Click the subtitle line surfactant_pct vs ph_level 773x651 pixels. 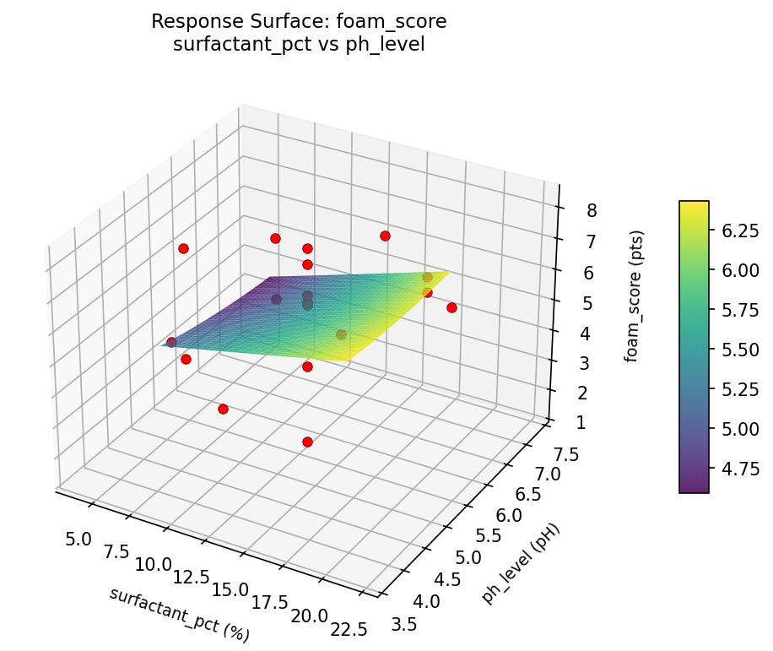[x=298, y=45]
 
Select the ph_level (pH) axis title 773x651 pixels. [x=521, y=562]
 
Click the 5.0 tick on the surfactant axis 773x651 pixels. [x=78, y=535]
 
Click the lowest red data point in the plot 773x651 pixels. [x=307, y=442]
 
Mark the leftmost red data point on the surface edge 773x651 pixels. [x=171, y=342]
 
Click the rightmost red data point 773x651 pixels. [x=451, y=307]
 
